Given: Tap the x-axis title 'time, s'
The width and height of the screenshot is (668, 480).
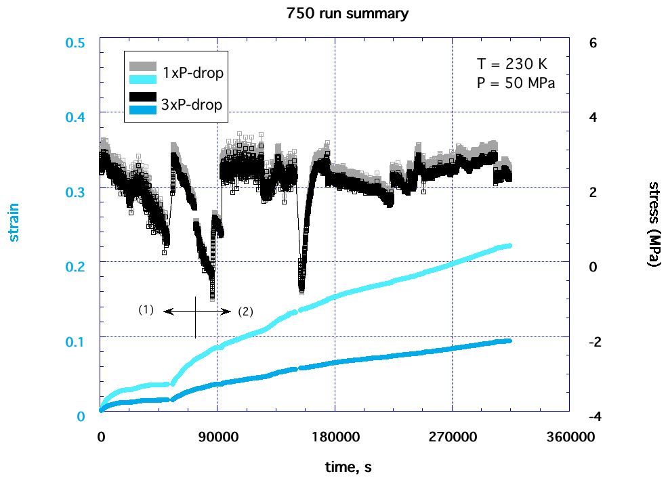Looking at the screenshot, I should [x=346, y=466].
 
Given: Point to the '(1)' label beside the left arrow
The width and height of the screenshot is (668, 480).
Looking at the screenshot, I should [x=146, y=310].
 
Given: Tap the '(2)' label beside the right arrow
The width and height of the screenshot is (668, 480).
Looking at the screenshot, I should [x=245, y=312].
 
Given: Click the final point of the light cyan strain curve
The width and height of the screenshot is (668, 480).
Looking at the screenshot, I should [x=509, y=246].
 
